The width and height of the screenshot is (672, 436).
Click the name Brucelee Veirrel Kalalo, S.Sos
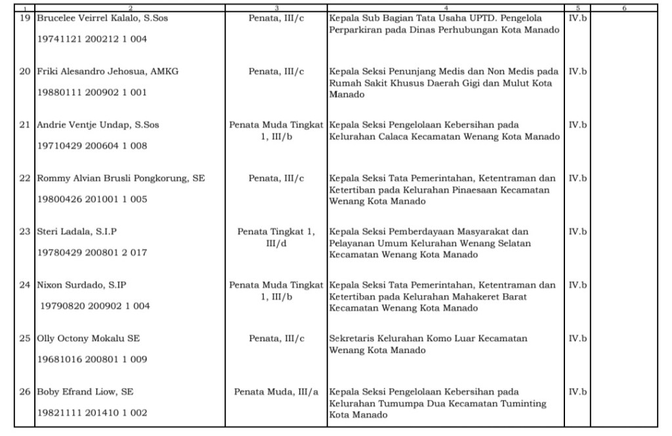(x=102, y=18)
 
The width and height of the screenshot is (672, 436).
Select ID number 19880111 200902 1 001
(x=92, y=92)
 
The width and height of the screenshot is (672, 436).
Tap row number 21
(x=25, y=125)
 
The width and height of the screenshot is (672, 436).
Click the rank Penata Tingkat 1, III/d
(x=276, y=237)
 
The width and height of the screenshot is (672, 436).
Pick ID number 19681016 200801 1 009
(x=92, y=359)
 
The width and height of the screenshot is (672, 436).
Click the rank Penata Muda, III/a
(x=276, y=392)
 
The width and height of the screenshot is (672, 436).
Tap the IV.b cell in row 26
(x=577, y=392)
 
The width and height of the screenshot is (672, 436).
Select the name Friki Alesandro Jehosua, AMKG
(x=108, y=71)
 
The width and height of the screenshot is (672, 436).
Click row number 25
(x=25, y=338)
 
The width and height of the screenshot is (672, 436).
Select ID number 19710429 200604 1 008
(x=92, y=146)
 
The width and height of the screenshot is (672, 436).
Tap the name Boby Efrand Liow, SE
(x=85, y=392)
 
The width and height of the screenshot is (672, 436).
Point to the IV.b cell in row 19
(x=577, y=18)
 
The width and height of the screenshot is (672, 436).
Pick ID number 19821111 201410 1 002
(x=92, y=413)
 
